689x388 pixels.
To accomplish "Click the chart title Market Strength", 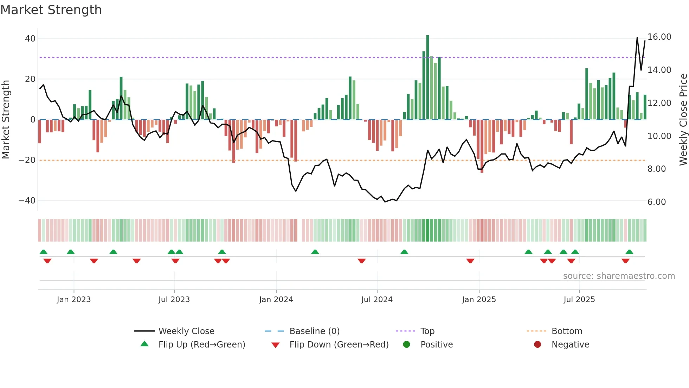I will pyautogui.click(x=51, y=10).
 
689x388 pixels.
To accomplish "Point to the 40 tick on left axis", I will pyautogui.click(x=30, y=39).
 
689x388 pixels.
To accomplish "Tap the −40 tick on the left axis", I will pyautogui.click(x=27, y=201).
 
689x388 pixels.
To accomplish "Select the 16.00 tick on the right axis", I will pyautogui.click(x=659, y=37).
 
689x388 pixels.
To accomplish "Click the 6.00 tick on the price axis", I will pyautogui.click(x=656, y=202).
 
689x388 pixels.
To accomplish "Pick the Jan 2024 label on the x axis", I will pyautogui.click(x=276, y=300).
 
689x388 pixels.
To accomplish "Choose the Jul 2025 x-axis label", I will pyautogui.click(x=579, y=300).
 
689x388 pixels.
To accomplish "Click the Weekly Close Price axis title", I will pyautogui.click(x=683, y=120).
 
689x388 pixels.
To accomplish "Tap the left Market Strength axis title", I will pyautogui.click(x=6, y=120).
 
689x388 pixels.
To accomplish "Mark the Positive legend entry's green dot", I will pyautogui.click(x=407, y=345).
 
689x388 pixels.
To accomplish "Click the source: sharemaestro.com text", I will pyautogui.click(x=619, y=276).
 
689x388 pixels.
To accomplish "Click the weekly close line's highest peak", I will pyautogui.click(x=637, y=38).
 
